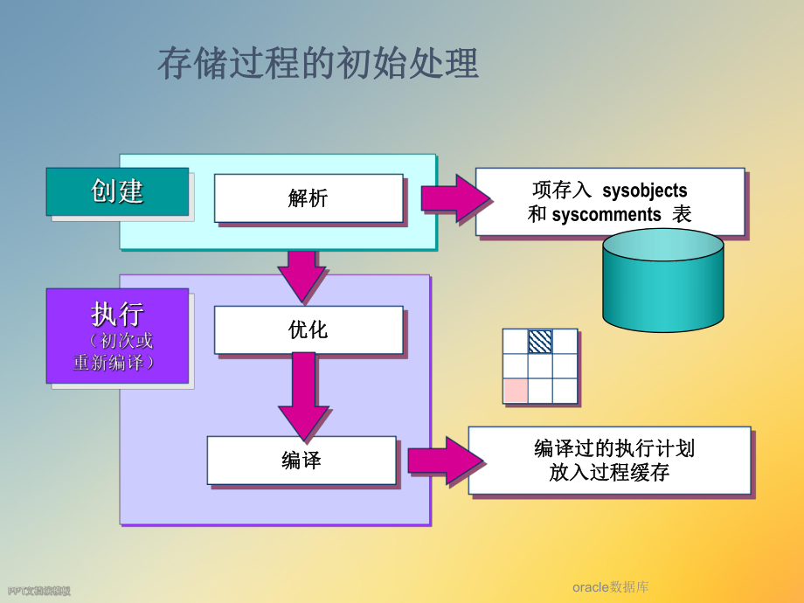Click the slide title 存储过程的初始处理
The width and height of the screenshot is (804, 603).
(x=318, y=65)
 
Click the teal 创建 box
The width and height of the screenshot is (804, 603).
(x=117, y=191)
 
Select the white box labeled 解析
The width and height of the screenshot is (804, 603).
(x=308, y=198)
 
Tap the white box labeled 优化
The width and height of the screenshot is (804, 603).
(x=308, y=329)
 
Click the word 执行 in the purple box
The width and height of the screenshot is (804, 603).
(x=117, y=315)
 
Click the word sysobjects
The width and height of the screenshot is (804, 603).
(x=644, y=191)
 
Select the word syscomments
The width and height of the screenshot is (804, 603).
(x=606, y=215)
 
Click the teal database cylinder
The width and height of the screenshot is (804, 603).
(x=662, y=281)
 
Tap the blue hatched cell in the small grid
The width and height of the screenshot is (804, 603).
(x=540, y=342)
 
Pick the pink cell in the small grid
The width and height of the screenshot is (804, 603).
(x=516, y=391)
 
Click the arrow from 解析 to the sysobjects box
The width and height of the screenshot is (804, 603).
(x=455, y=198)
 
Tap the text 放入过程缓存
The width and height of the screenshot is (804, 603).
(x=609, y=474)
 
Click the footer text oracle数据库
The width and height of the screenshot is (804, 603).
(x=611, y=587)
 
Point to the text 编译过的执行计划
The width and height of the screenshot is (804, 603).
(x=614, y=449)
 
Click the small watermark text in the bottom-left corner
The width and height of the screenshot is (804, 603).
(x=38, y=592)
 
